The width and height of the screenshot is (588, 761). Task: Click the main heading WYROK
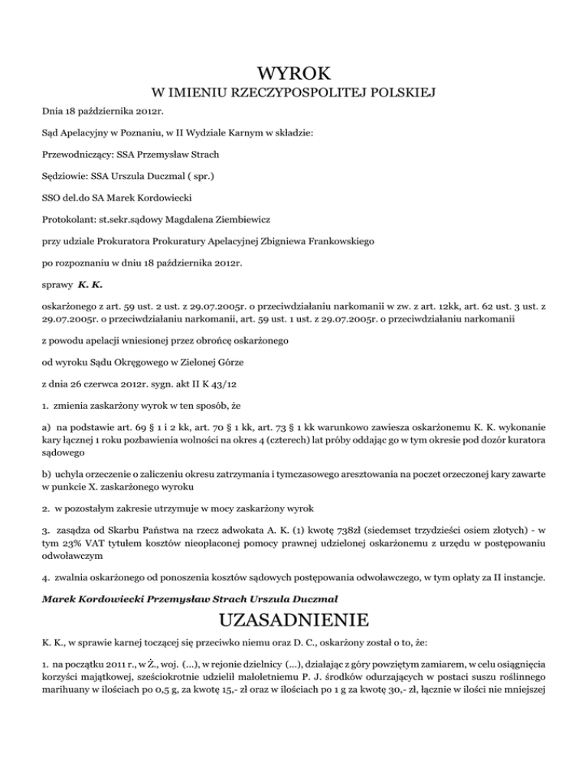294,74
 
